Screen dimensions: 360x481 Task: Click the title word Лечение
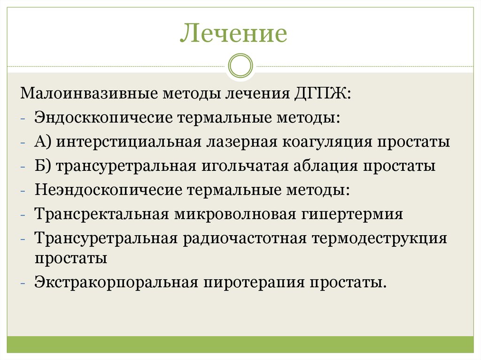(233, 34)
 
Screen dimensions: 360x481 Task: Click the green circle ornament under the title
(240, 65)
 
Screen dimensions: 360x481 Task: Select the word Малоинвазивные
(87, 93)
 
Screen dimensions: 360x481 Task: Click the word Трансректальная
(101, 214)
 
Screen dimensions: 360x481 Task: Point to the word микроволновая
(235, 214)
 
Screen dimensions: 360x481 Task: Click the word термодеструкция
(379, 239)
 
